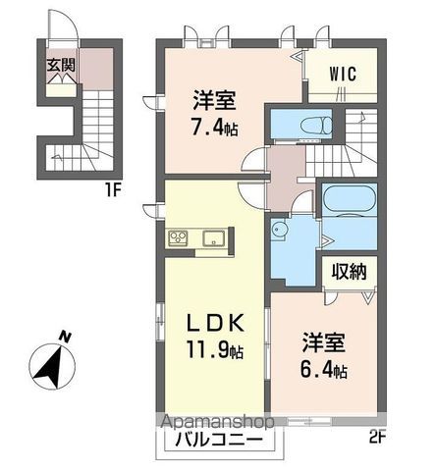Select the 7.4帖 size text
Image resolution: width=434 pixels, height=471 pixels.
(x=213, y=126)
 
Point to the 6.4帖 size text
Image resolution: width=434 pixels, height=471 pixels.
(x=324, y=371)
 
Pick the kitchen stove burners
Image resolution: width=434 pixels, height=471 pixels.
(x=180, y=237)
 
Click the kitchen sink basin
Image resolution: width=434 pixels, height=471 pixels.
(x=213, y=237)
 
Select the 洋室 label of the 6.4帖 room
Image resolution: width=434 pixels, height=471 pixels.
(x=323, y=345)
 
